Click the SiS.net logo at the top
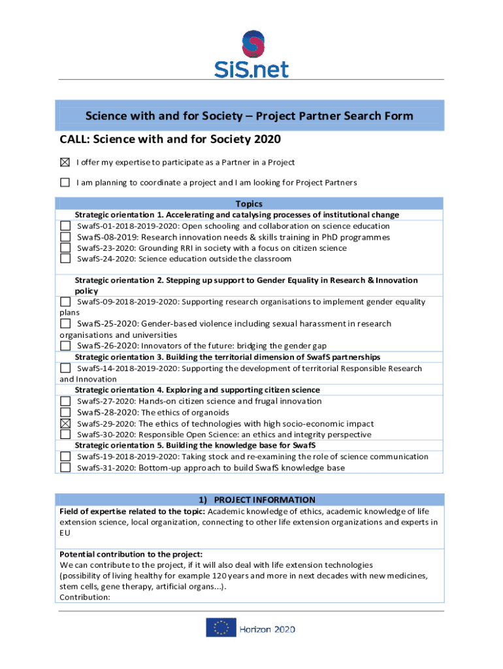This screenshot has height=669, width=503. [x=252, y=54]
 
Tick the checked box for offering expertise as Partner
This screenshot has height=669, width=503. [x=65, y=162]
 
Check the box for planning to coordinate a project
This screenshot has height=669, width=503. [x=65, y=182]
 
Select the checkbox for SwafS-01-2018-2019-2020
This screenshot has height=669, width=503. [x=65, y=226]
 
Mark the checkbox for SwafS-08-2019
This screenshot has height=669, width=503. [x=65, y=237]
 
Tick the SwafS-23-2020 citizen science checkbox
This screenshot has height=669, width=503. [x=65, y=248]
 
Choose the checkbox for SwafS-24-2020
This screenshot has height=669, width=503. [x=65, y=259]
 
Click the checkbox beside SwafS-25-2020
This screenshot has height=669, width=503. [x=65, y=323]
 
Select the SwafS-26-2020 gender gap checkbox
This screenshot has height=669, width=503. [x=65, y=346]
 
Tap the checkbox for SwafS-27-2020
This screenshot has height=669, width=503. [x=65, y=401]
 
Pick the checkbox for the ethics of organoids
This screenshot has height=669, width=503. [x=65, y=412]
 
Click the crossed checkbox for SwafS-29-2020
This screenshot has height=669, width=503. [x=65, y=423]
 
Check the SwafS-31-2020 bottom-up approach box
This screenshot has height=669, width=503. [x=65, y=467]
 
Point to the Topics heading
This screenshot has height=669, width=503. [x=249, y=204]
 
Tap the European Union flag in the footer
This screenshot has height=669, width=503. [x=221, y=628]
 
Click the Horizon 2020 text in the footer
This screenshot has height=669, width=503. [x=267, y=629]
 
